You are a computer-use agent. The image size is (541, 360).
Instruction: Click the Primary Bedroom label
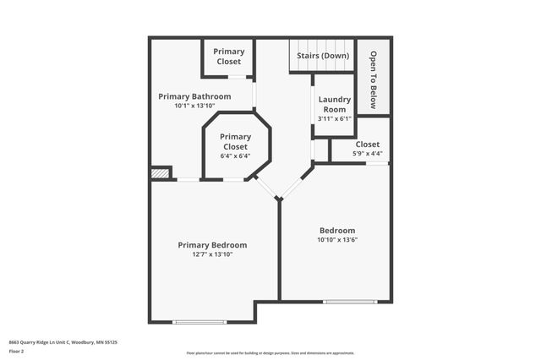pos(212,245)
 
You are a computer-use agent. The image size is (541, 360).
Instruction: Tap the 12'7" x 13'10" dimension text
pos(212,254)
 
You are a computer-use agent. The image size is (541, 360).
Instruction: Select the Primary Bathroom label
pos(194,96)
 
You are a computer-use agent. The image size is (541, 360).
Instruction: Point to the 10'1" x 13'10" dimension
pos(194,106)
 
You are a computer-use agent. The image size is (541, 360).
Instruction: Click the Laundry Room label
pos(334,105)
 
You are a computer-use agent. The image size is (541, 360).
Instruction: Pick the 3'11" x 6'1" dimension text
pos(334,118)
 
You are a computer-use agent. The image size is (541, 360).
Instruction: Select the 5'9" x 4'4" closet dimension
pos(367,154)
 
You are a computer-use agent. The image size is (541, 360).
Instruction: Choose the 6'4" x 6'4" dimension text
pos(235,155)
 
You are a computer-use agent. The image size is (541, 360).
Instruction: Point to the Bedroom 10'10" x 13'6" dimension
pos(336,240)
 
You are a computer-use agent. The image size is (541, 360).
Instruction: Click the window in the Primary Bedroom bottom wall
pos(199,321)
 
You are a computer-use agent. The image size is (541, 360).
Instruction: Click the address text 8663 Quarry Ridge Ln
pos(63,342)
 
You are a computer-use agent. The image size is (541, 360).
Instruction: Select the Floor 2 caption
pos(17,351)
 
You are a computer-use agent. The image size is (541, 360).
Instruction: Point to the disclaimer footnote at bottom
pos(270,353)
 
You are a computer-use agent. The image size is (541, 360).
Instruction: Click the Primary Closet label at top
pos(228,56)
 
